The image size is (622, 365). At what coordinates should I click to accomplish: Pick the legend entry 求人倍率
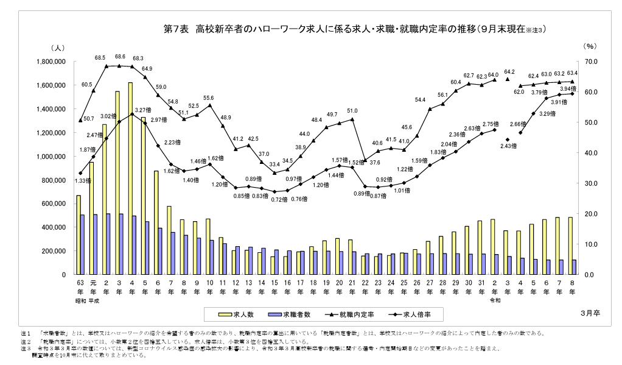[421, 314]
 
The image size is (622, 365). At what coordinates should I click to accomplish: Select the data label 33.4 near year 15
[274, 165]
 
